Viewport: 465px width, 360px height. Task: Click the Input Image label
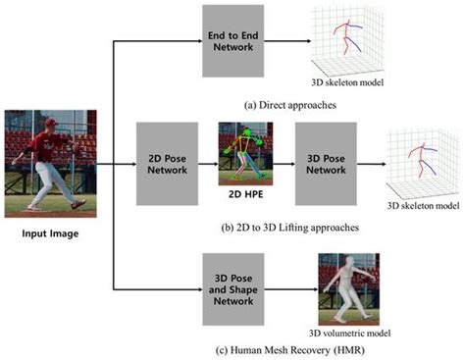tap(47, 234)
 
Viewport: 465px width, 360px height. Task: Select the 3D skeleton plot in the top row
tap(344, 39)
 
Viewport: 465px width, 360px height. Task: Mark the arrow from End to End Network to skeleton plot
tap(286, 41)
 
